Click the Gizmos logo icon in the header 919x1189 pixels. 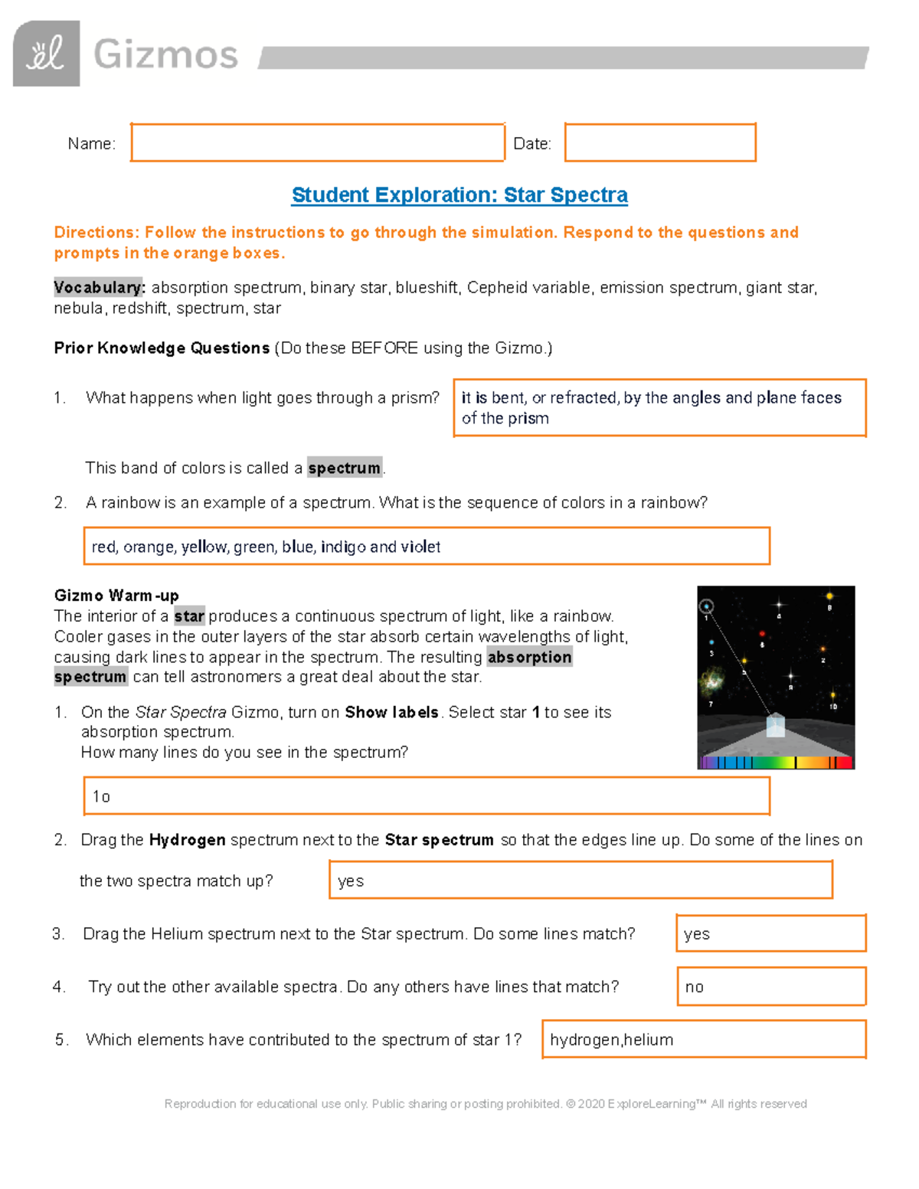[46, 54]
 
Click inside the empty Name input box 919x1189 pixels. [317, 142]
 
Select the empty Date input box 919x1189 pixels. [660, 142]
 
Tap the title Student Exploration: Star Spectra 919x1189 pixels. [459, 195]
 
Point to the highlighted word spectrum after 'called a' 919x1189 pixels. [345, 468]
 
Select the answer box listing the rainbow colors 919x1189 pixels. [426, 546]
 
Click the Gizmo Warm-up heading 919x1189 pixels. [116, 596]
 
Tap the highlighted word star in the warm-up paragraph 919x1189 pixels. [189, 616]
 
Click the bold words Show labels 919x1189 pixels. [391, 712]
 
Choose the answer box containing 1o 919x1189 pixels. [426, 796]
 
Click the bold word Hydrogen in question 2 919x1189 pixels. [187, 840]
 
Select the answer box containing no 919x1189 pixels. [770, 986]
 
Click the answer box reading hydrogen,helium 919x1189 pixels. [703, 1039]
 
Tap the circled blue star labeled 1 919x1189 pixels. [707, 606]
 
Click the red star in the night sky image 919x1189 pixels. [762, 634]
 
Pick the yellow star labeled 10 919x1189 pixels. [833, 695]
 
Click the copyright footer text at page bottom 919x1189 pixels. [486, 1103]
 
